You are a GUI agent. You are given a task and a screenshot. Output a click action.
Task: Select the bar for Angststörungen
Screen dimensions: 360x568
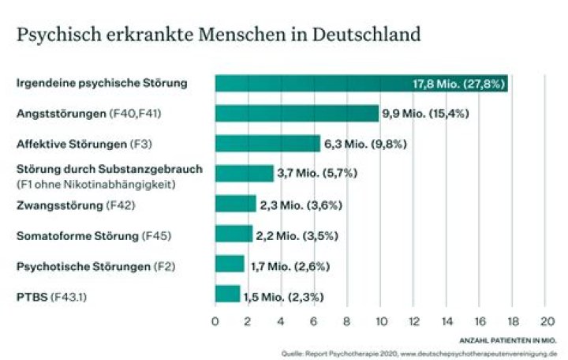point(297,114)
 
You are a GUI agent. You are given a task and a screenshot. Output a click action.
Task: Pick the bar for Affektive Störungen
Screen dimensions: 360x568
point(267,144)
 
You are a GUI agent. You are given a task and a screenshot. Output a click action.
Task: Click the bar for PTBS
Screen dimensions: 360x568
point(227,295)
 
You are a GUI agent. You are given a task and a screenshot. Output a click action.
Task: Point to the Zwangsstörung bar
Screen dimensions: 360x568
point(235,204)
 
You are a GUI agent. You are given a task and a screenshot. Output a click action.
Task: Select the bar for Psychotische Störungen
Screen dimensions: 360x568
point(230,265)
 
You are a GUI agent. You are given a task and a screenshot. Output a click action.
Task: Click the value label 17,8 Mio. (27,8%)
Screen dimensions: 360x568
point(459,84)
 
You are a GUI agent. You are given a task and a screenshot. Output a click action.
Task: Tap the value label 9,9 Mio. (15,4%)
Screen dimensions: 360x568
point(426,114)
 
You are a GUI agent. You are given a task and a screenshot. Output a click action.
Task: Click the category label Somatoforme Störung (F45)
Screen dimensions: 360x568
point(94,235)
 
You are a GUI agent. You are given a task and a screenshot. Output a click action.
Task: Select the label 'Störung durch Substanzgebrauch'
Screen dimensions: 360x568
point(99,169)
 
